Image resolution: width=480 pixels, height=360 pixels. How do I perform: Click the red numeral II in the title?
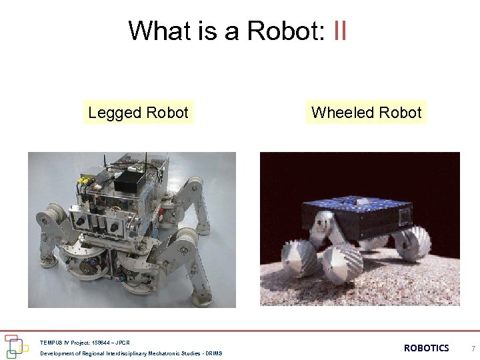(339, 31)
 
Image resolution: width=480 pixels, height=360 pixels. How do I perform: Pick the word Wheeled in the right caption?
(339, 113)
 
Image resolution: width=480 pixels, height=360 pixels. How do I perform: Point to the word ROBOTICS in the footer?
(427, 348)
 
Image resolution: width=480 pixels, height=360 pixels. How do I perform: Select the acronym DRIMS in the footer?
(213, 353)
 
